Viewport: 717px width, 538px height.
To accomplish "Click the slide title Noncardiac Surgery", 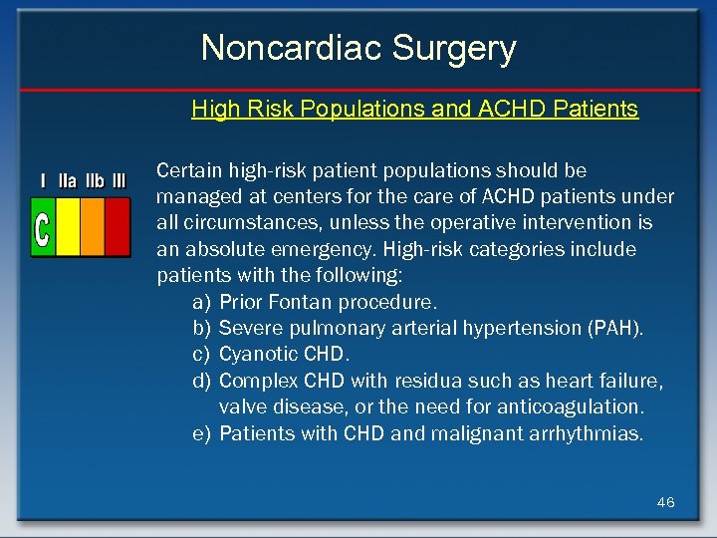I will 358,48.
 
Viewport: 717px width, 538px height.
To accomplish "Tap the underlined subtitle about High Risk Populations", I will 414,109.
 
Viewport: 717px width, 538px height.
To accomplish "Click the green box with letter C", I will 43,227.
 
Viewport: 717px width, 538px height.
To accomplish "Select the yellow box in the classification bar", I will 68,227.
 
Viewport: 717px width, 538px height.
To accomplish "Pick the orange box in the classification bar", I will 92,227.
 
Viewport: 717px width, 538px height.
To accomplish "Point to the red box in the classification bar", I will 118,227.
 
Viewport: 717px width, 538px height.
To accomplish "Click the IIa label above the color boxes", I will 69,181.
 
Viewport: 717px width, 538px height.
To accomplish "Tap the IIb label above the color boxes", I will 95,181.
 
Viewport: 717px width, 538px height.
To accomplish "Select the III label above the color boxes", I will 119,181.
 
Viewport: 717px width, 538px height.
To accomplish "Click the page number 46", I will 665,502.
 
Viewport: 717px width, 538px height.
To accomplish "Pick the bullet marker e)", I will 201,433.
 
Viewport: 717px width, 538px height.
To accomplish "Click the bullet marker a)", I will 201,302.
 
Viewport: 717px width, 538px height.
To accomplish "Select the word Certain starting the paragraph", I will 189,170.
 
